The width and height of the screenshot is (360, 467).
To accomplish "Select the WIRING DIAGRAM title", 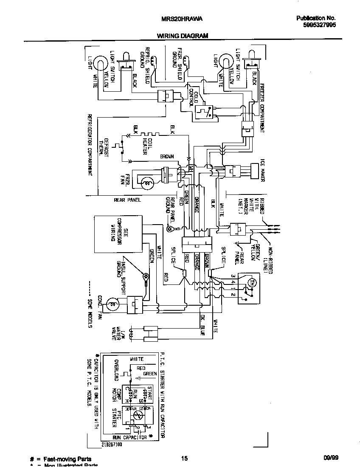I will pos(183,36).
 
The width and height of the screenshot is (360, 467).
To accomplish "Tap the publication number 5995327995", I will pos(316,25).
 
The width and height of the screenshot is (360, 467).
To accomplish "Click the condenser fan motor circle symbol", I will pos(113,304).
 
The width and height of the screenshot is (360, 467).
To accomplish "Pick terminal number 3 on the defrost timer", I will pos(233,276).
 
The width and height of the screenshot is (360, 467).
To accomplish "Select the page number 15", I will pos(184,459).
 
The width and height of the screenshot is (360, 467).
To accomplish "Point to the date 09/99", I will pos(330,459).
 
